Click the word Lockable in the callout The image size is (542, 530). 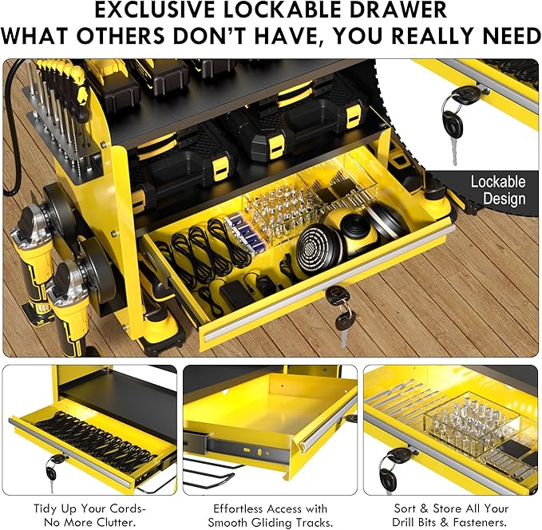498,182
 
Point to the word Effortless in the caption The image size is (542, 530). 238,508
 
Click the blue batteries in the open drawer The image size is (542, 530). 245,232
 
